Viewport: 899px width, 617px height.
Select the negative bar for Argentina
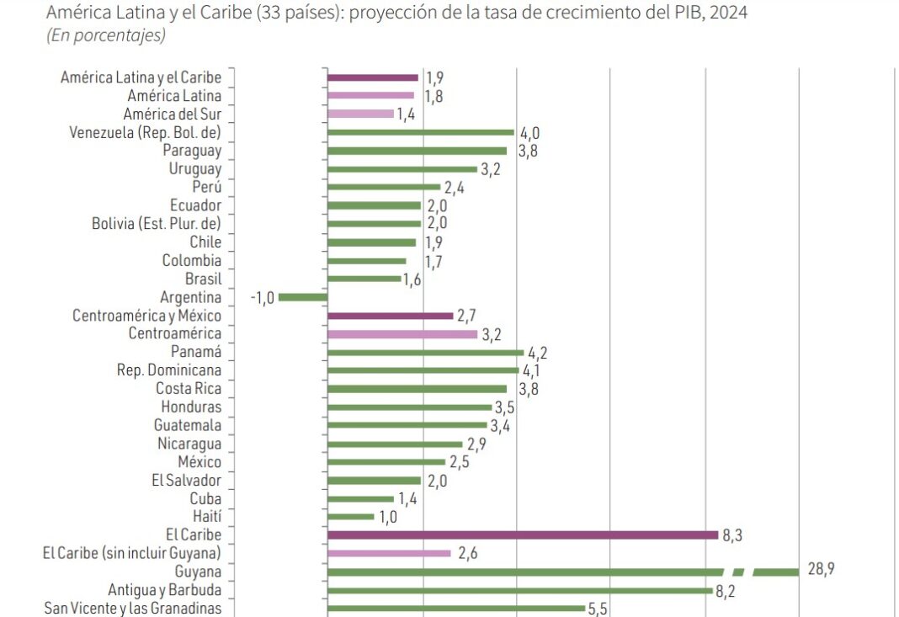pos(303,297)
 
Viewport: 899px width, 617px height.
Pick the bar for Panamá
pos(425,353)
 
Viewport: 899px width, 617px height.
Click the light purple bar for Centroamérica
pos(402,334)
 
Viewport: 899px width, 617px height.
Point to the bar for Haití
pos(351,517)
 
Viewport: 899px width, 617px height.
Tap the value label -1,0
pos(262,298)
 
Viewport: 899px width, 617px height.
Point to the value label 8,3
pos(731,535)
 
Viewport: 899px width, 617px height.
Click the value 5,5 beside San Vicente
pos(598,609)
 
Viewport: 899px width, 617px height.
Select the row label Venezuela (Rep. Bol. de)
pos(144,132)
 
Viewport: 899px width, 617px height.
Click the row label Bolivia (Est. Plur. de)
pos(157,224)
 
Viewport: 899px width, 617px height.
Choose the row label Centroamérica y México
pos(147,316)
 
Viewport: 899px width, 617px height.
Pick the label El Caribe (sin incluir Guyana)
pos(132,553)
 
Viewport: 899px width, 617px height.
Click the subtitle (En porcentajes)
pos(106,35)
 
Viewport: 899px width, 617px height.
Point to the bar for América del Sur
pos(360,114)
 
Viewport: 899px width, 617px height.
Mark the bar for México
pos(386,462)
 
